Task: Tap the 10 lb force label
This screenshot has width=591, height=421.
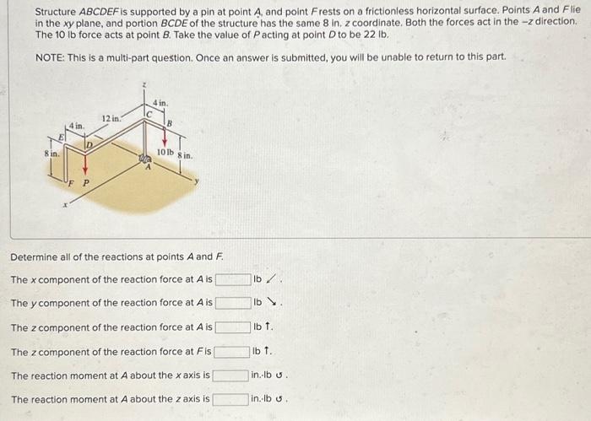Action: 165,152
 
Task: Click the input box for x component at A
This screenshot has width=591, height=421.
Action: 233,279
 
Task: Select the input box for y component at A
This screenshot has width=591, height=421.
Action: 233,303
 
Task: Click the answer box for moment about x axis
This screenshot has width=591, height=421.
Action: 230,375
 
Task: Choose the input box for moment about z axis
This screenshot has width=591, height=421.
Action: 230,399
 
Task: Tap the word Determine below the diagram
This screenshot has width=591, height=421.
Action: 37,256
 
